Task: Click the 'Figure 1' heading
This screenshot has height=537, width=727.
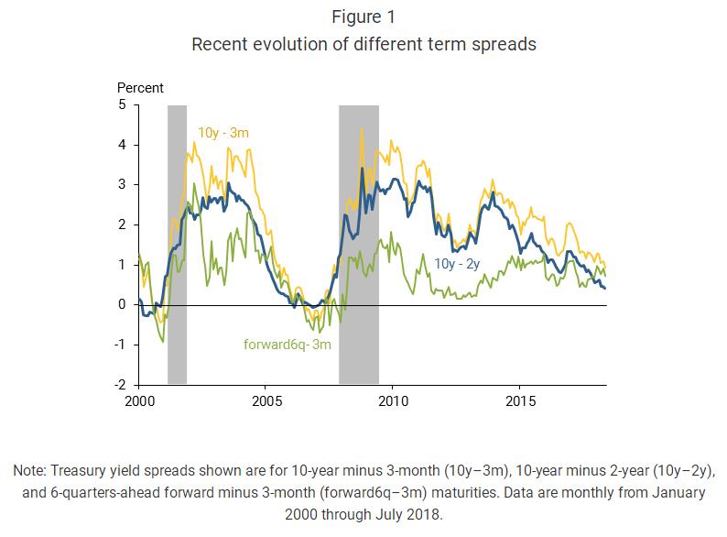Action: click(x=363, y=18)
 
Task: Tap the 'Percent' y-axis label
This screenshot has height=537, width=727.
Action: click(x=140, y=88)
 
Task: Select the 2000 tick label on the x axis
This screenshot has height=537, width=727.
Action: click(x=139, y=400)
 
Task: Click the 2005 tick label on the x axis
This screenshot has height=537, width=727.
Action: click(x=266, y=400)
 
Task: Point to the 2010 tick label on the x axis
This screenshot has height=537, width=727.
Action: click(x=394, y=400)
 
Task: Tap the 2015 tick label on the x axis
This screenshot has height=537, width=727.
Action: click(x=521, y=400)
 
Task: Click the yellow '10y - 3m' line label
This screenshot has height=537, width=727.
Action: click(x=223, y=133)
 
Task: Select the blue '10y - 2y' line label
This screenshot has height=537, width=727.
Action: click(x=458, y=264)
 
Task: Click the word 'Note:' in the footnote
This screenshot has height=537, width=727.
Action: click(x=30, y=470)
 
